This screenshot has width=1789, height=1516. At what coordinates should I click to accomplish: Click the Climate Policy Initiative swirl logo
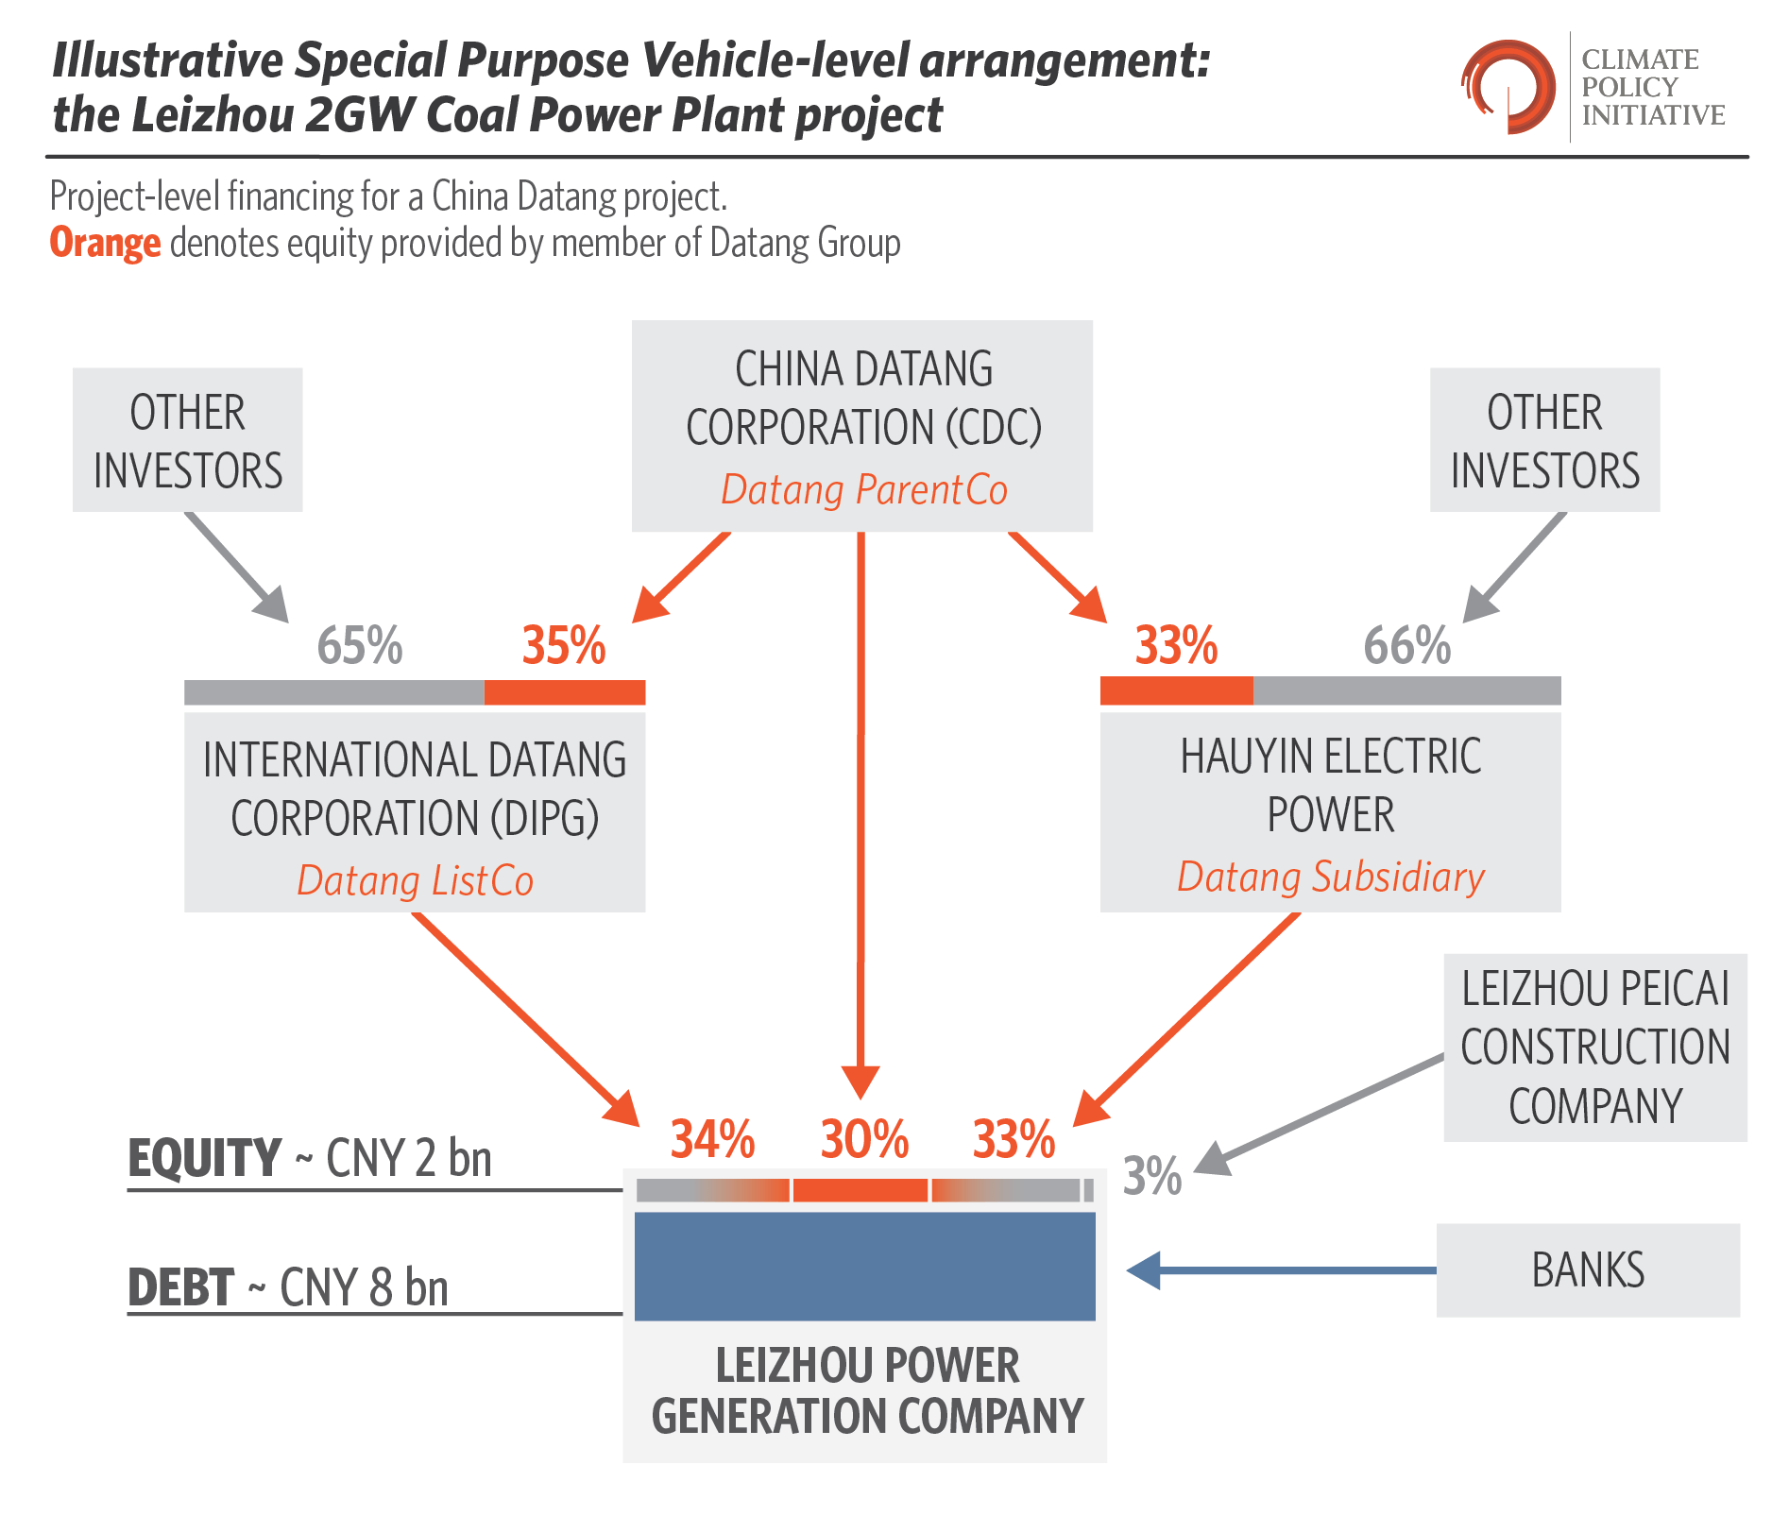click(1508, 87)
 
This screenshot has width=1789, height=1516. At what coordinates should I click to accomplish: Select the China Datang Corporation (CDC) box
click(862, 426)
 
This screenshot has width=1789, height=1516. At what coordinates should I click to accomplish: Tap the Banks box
click(1588, 1270)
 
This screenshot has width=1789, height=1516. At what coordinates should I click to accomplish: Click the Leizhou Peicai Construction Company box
click(1595, 1048)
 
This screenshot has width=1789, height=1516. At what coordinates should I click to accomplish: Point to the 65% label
click(360, 646)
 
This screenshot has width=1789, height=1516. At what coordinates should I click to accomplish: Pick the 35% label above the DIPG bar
click(564, 646)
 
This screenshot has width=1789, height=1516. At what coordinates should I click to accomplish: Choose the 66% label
click(1407, 646)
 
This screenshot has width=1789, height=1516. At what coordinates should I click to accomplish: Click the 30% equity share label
click(864, 1139)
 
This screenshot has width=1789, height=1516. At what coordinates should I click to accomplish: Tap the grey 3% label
click(1152, 1176)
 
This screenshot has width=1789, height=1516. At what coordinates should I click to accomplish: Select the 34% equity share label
click(712, 1139)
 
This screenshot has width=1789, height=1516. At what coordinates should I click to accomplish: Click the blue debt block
click(865, 1267)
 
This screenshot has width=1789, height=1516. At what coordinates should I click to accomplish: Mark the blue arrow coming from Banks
click(1282, 1270)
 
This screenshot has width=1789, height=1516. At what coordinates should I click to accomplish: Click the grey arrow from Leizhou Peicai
click(1319, 1116)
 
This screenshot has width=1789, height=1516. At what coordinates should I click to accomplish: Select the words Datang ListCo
click(416, 880)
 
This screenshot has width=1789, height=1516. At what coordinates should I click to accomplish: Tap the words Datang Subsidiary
click(1331, 877)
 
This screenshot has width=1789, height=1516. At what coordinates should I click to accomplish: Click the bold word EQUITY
click(204, 1158)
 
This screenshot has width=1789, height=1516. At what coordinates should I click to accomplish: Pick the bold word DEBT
click(180, 1287)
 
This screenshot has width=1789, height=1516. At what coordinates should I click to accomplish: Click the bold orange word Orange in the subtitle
click(105, 244)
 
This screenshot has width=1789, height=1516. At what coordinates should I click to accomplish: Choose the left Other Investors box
click(188, 440)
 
